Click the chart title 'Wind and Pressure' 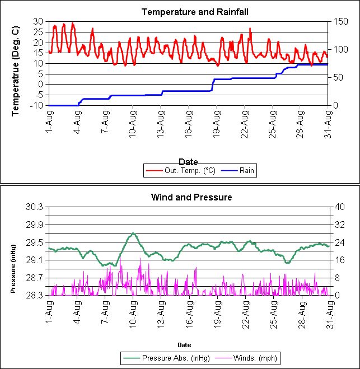pos(191,197)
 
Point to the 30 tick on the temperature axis pos(39,21)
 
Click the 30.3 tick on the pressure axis pos(35,207)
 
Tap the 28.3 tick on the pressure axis pos(35,295)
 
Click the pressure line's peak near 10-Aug pos(133,233)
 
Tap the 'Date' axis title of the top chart pos(191,161)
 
